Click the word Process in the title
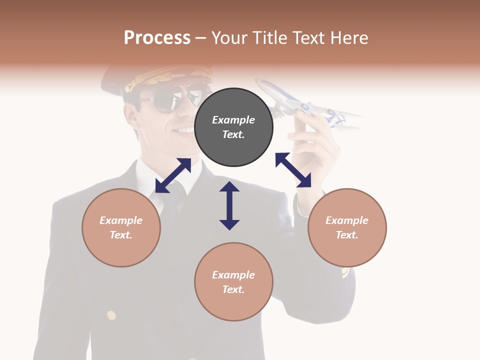[x=157, y=37]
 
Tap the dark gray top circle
[x=233, y=127]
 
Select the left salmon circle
[x=121, y=227]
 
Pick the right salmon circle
[x=347, y=227]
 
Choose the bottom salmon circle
[x=233, y=282]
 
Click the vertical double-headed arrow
[x=229, y=205]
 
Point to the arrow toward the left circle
[x=173, y=175]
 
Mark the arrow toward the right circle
[x=293, y=170]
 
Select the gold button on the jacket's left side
[x=111, y=315]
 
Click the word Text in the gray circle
[x=233, y=134]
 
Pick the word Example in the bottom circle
[x=233, y=274]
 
